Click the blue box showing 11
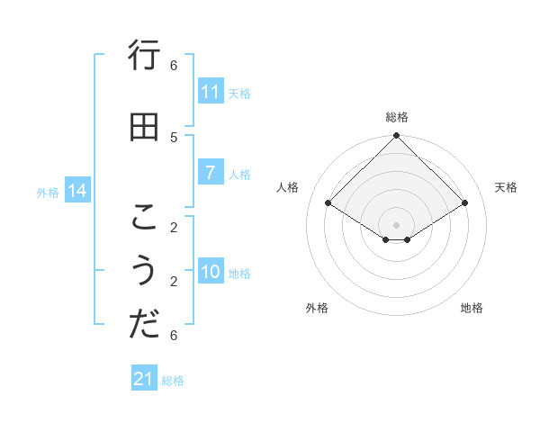(x=211, y=92)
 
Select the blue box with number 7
(x=211, y=173)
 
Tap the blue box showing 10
(x=211, y=272)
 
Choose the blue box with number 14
(x=77, y=191)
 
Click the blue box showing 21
(x=144, y=379)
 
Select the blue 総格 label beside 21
(x=173, y=381)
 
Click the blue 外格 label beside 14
(x=48, y=192)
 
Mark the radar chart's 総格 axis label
(x=397, y=117)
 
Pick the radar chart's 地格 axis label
(x=472, y=308)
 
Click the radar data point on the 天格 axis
(x=465, y=203)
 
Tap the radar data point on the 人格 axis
(x=328, y=203)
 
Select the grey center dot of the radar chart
(x=397, y=224)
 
